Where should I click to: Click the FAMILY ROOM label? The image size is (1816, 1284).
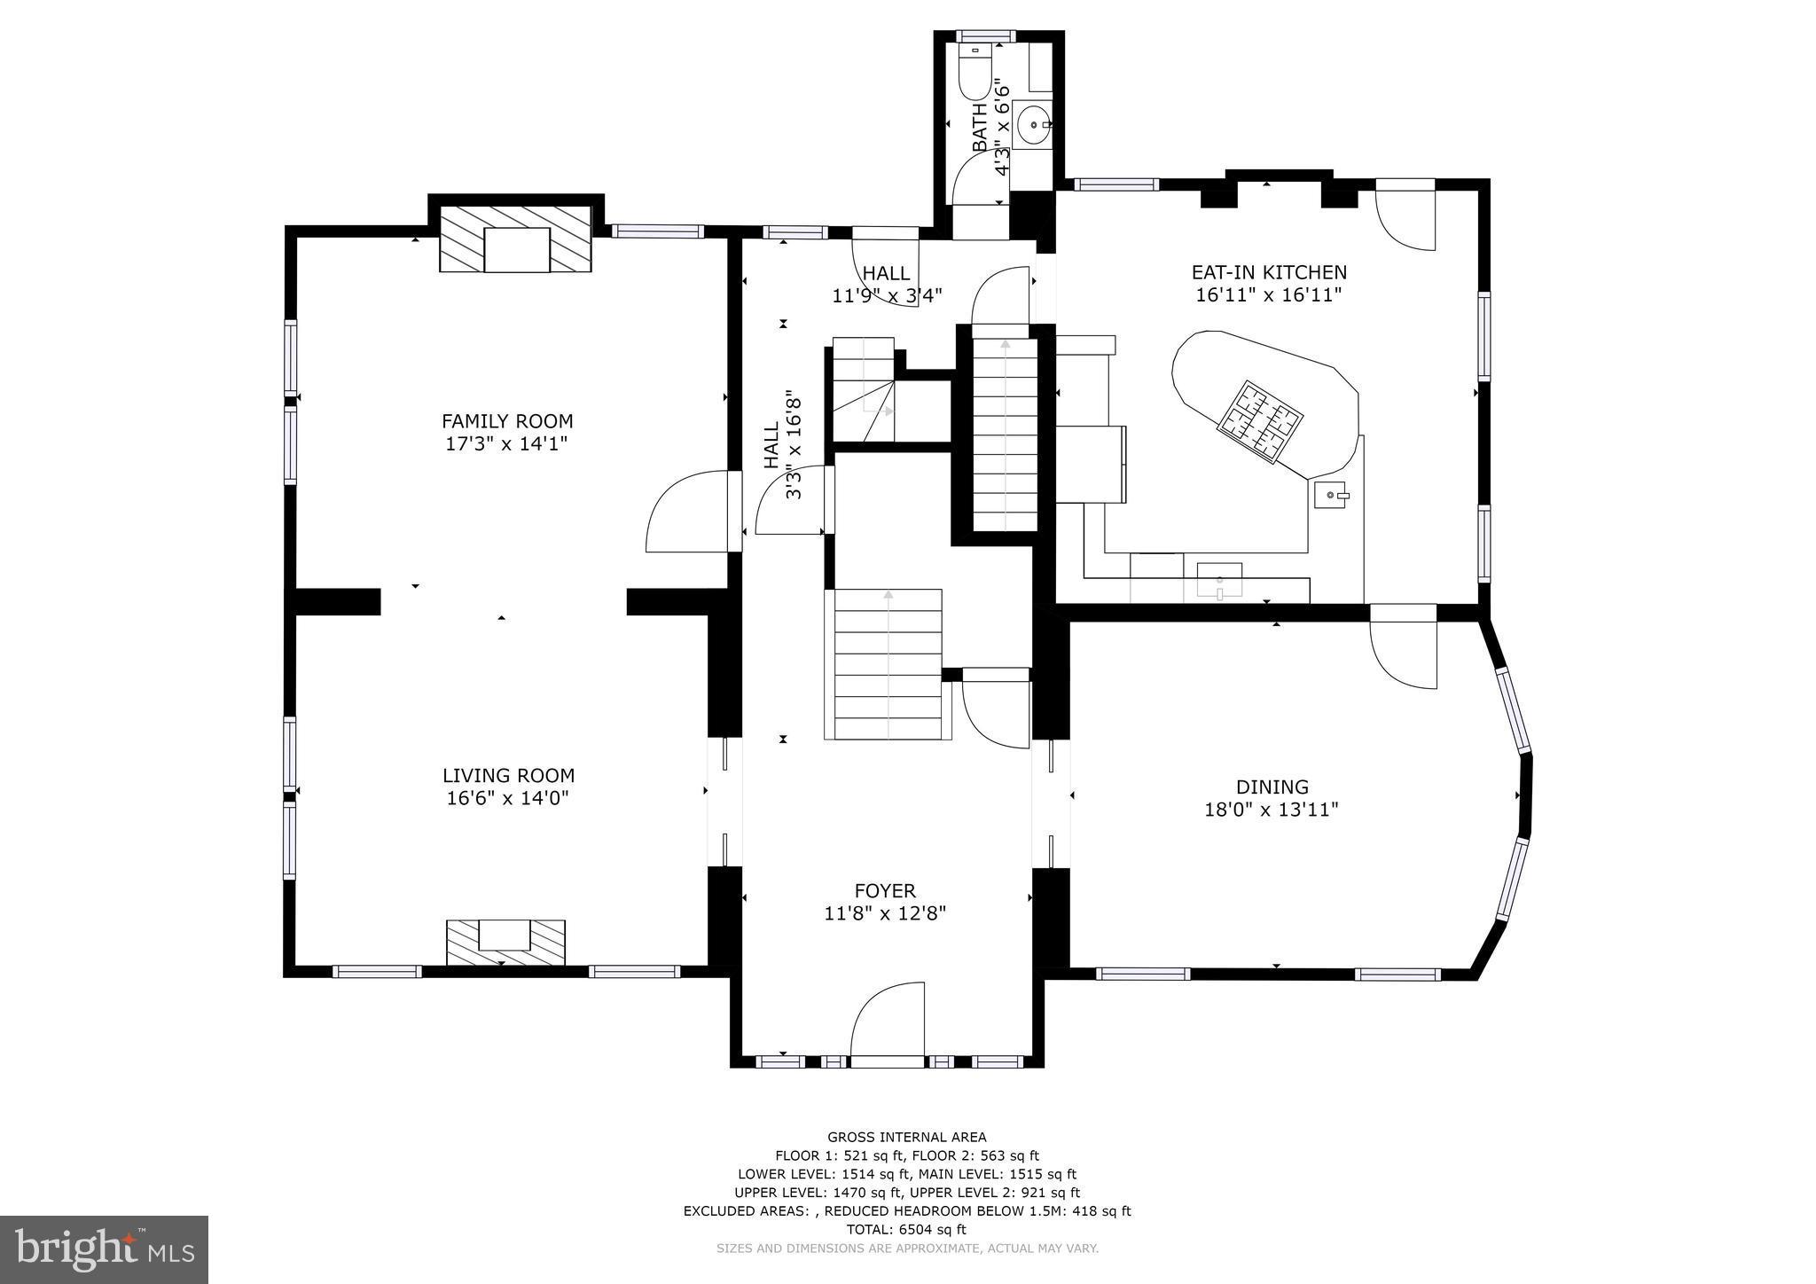pyautogui.click(x=507, y=421)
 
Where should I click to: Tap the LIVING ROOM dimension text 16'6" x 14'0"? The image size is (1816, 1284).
pyautogui.click(x=507, y=798)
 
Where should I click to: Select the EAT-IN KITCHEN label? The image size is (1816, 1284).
pyautogui.click(x=1268, y=272)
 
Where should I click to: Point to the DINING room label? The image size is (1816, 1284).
pyautogui.click(x=1272, y=787)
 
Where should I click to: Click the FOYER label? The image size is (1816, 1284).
pyautogui.click(x=884, y=890)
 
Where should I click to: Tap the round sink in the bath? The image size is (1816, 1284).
pyautogui.click(x=1033, y=125)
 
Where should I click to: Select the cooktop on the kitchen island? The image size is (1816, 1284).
pyautogui.click(x=1259, y=421)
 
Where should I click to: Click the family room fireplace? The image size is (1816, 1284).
pyautogui.click(x=516, y=239)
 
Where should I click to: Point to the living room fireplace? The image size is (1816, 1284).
pyautogui.click(x=505, y=942)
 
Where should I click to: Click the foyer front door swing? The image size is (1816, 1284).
pyautogui.click(x=887, y=1020)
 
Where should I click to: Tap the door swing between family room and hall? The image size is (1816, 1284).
pyautogui.click(x=687, y=514)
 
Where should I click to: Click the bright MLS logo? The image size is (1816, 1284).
pyautogui.click(x=104, y=1249)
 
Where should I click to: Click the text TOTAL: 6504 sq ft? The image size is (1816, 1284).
pyautogui.click(x=906, y=1229)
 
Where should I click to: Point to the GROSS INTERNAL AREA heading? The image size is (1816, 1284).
pyautogui.click(x=906, y=1137)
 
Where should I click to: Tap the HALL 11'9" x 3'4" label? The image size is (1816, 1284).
pyautogui.click(x=886, y=284)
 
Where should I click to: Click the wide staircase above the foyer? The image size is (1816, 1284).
pyautogui.click(x=887, y=663)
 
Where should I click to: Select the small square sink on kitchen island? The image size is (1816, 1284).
pyautogui.click(x=1330, y=495)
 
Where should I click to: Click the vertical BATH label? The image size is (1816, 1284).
pyautogui.click(x=979, y=127)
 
